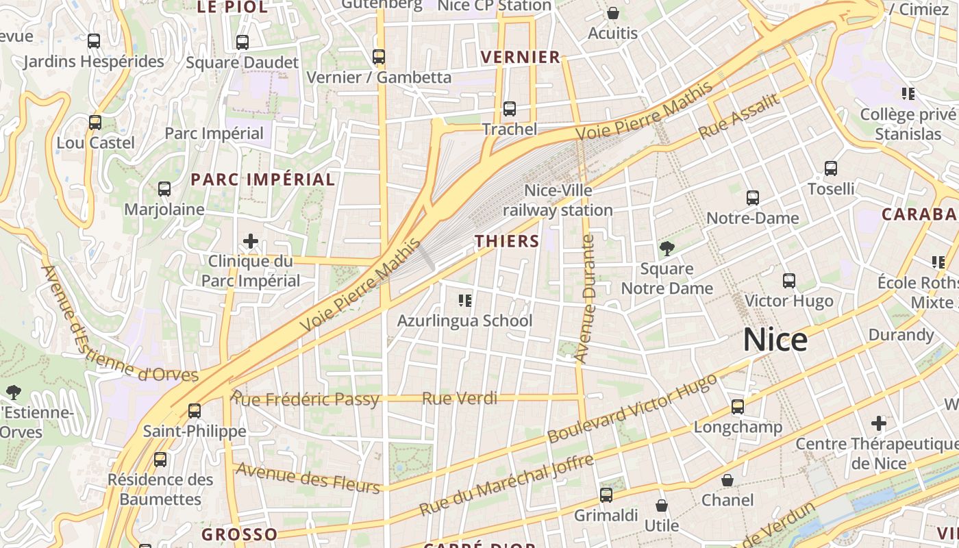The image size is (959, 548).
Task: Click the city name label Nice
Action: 775,340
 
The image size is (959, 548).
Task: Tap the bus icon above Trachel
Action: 509,108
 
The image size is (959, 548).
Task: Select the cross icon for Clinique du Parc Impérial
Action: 251,241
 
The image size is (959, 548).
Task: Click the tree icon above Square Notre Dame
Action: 667,249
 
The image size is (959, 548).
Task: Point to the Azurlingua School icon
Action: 465,300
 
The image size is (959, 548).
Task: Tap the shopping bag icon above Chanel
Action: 727,480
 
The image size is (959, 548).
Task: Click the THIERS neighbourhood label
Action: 508,241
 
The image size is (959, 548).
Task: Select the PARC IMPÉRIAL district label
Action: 263,179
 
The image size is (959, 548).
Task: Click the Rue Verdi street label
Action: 460,398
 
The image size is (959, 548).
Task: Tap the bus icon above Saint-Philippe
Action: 195,410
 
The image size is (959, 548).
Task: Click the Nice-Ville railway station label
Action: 558,200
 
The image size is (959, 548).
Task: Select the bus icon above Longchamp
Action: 738,407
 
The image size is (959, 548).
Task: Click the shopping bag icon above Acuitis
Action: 612,13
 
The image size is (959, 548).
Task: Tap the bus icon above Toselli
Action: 831,168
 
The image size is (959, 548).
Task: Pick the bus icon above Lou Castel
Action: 95,123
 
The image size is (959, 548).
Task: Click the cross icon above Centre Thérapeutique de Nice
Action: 879,423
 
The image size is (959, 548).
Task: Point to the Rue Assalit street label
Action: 739,116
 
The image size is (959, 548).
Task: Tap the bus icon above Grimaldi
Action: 606,495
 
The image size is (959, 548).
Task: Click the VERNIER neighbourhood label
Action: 521,57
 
